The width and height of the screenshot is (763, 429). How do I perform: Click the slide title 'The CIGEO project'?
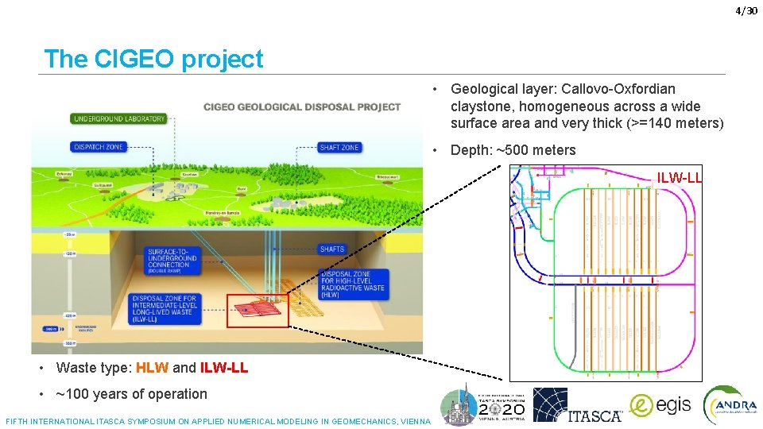153,59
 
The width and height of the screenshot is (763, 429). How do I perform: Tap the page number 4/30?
746,10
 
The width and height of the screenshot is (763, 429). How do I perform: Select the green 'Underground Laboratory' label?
119,119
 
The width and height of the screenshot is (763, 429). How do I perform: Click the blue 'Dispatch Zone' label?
98,147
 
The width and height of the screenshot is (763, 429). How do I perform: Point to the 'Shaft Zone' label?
339,148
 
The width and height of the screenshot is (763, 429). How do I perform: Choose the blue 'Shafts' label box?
332,249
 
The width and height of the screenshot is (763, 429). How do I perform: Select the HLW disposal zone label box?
353,280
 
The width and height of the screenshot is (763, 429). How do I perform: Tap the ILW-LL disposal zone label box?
165,309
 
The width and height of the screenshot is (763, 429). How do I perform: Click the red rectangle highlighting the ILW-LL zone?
258,310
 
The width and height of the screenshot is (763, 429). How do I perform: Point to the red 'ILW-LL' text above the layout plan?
679,178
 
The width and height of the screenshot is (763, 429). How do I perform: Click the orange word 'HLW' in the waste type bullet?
152,368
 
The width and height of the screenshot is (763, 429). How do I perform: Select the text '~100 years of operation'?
131,394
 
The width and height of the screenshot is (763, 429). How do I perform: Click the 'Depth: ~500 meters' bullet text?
513,150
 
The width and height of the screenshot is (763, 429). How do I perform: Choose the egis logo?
660,404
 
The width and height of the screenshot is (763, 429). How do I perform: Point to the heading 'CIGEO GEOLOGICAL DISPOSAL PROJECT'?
302,106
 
